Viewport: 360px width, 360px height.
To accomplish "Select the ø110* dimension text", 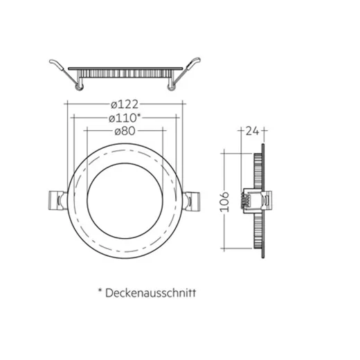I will coord(124,118).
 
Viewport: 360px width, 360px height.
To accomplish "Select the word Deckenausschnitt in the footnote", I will coord(151,293).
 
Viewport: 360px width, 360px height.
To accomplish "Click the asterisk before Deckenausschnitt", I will coord(100,291).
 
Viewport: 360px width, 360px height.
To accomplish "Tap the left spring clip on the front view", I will coord(54,201).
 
